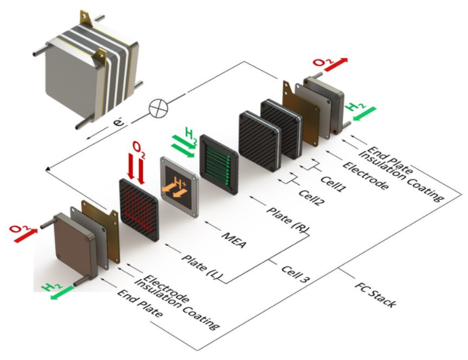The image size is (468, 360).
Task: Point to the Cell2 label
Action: pos(313,195)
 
